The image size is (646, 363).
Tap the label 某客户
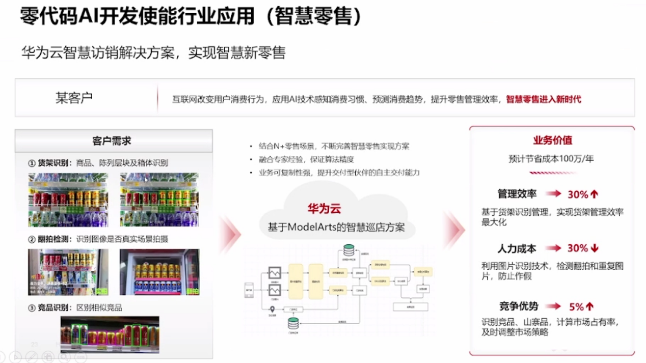coord(74,98)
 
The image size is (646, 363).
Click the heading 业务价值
coord(553,140)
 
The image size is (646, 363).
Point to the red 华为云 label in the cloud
coord(324,208)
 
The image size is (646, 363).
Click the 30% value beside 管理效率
coord(578,194)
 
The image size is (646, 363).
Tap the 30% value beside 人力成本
coord(578,248)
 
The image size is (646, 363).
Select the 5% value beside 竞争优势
coord(576,306)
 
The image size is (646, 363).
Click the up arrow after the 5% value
coord(590,306)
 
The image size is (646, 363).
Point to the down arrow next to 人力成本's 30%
coord(594,248)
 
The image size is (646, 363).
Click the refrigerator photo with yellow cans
coord(159,272)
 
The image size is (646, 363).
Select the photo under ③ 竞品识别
coord(110,334)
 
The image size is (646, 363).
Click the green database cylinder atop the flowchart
coord(348,250)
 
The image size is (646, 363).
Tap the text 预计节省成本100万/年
coord(551,158)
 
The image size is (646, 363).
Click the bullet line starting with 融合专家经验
coord(306,159)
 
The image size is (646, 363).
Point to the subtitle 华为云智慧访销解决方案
coord(97,52)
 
